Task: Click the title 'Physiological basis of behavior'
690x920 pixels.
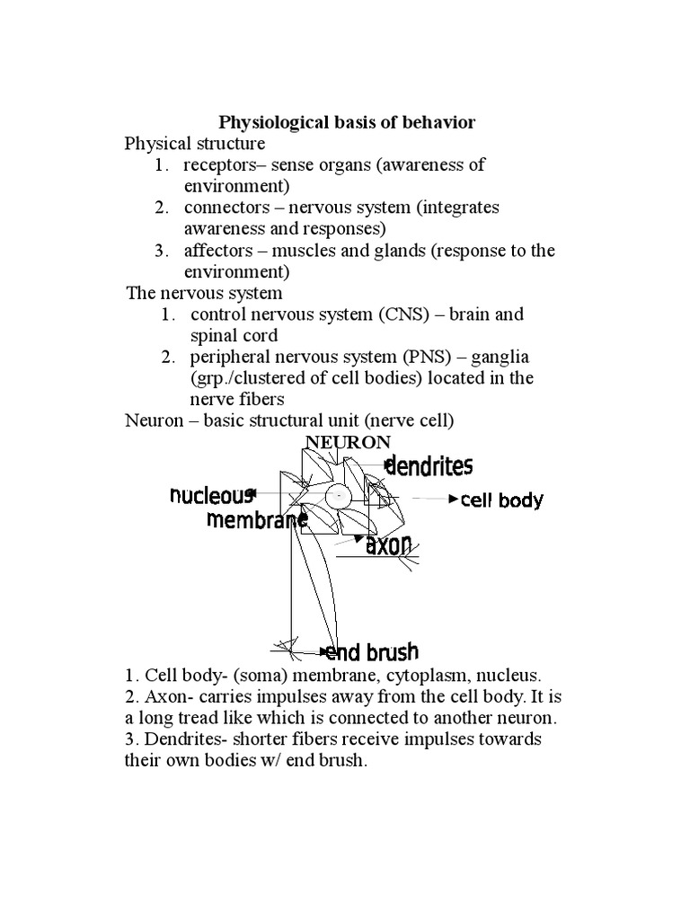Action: [x=348, y=122]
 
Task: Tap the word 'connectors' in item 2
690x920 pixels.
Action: [x=223, y=208]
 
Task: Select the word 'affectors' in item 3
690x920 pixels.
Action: [x=217, y=251]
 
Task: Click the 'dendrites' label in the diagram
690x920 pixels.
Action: [x=429, y=465]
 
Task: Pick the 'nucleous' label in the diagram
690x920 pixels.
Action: [x=211, y=494]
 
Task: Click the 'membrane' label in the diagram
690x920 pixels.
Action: [x=251, y=519]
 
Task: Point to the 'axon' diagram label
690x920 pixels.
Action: [x=389, y=544]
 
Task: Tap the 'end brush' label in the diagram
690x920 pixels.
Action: [x=372, y=651]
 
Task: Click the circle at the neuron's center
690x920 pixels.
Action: [x=338, y=495]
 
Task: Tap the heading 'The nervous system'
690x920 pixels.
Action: [x=206, y=293]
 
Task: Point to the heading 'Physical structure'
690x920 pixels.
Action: [x=195, y=144]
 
